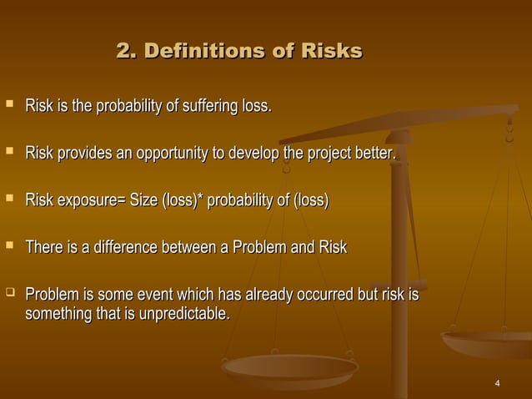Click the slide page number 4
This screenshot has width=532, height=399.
pos(497,383)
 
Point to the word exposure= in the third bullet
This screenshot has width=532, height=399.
pos(92,201)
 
